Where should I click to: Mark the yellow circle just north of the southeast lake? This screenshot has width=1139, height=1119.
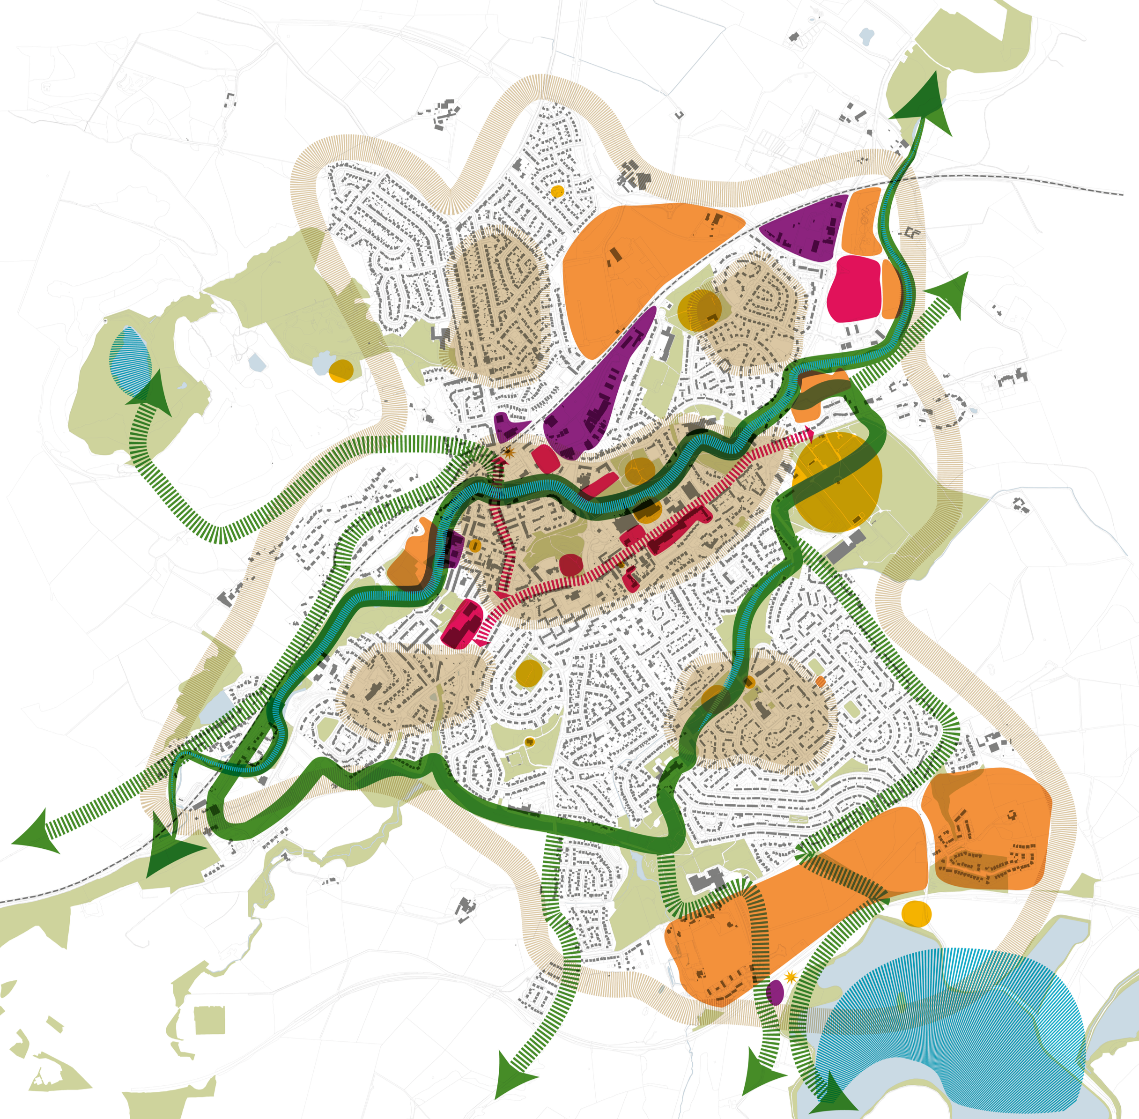point(916,913)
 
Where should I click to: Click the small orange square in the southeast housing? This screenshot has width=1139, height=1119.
point(820,681)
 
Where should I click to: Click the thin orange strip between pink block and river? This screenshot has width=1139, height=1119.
point(891,288)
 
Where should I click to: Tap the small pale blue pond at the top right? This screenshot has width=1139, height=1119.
point(865,37)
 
